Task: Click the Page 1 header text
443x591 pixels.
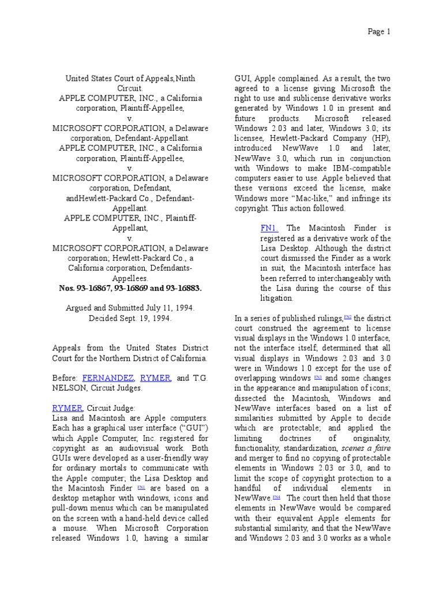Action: coord(379,32)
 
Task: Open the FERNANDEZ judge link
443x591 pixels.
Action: coord(107,378)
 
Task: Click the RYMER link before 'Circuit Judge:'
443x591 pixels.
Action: coord(67,407)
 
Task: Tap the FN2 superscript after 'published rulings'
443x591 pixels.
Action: coord(347,317)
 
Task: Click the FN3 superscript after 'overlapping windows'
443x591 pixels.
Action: coord(317,376)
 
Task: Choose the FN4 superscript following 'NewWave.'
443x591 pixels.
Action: coord(276,497)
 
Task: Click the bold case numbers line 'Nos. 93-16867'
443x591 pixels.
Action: coord(130,287)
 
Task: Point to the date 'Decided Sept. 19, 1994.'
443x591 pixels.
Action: coord(130,318)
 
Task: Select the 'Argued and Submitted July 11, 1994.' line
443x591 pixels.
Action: coord(130,308)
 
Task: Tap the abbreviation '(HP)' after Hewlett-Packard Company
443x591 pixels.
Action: coord(380,138)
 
